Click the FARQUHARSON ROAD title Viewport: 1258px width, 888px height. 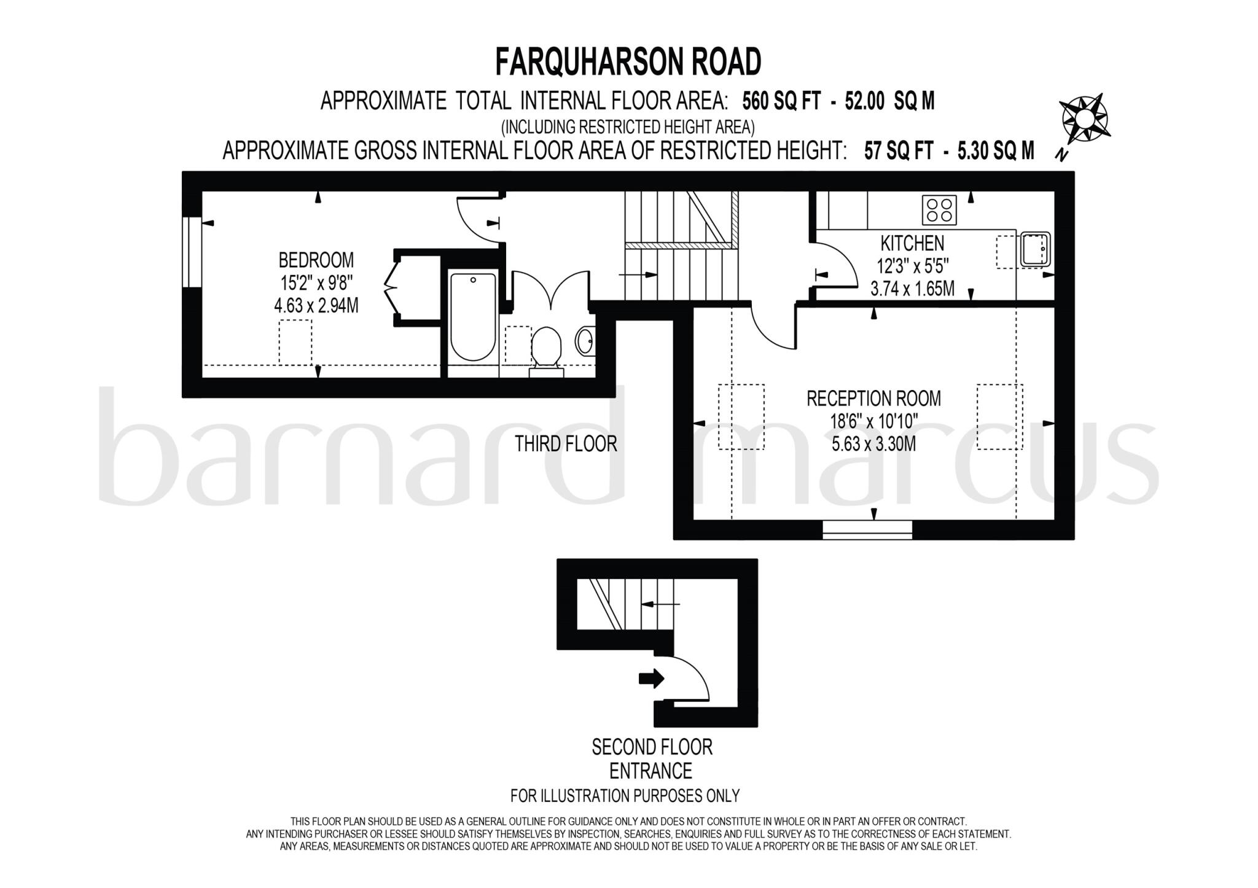[628, 62]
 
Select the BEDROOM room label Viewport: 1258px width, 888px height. [316, 260]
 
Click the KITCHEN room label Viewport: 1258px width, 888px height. [912, 243]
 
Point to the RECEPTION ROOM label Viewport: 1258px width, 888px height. [873, 399]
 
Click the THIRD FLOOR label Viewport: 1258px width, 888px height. [566, 444]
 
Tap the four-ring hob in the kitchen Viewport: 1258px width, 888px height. [939, 209]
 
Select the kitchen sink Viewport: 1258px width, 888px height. [1035, 249]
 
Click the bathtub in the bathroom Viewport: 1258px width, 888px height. [473, 316]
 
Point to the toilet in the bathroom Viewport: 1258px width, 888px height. [546, 350]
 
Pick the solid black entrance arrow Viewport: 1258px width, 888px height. [652, 678]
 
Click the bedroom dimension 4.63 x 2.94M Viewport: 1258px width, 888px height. [316, 305]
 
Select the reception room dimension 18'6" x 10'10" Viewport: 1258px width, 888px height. [873, 421]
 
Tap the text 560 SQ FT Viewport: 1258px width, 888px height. [781, 101]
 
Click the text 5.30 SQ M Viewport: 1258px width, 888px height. [996, 150]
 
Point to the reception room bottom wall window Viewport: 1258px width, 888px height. [867, 529]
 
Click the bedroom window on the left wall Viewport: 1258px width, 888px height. [192, 252]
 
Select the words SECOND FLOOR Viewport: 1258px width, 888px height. [652, 747]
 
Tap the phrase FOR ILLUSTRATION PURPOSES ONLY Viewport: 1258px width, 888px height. [625, 796]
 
